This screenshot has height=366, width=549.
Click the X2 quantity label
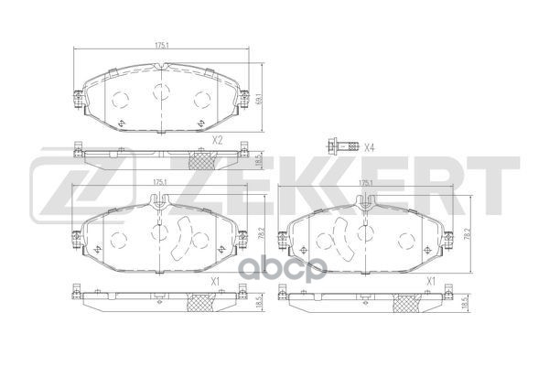tap(217, 140)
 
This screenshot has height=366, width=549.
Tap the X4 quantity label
tap(369, 146)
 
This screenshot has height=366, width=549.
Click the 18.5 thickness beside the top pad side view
tap(260, 159)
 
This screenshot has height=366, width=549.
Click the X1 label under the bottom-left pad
tap(216, 282)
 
